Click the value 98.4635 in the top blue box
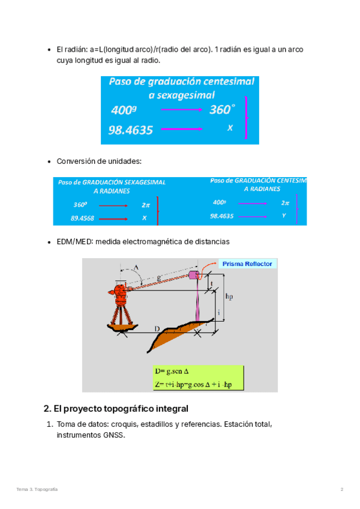[131, 130]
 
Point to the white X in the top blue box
[230, 128]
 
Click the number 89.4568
[83, 218]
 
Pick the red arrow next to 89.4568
[113, 218]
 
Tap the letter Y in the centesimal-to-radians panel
[284, 215]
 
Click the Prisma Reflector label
[247, 264]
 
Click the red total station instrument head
[121, 292]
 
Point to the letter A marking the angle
[136, 267]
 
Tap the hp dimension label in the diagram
[229, 297]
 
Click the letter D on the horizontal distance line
[157, 329]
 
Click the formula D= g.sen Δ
[181, 372]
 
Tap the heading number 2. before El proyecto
[47, 409]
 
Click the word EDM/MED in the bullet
[71, 241]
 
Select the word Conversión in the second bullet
[73, 161]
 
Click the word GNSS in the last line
[114, 436]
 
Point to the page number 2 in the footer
[342, 490]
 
